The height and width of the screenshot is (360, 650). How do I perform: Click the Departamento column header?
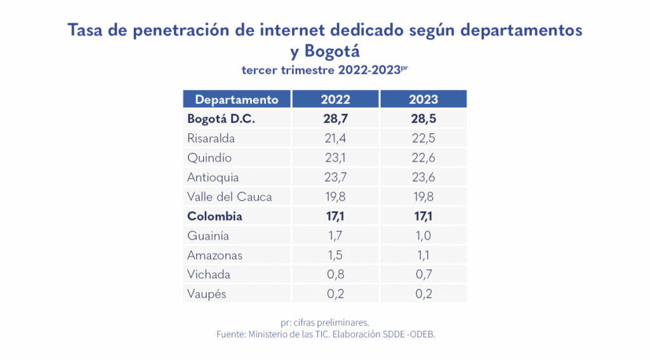(236, 100)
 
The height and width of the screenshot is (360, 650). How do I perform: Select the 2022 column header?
(335, 100)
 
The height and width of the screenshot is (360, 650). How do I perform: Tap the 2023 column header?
(423, 100)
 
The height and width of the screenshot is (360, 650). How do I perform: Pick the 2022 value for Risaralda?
(335, 138)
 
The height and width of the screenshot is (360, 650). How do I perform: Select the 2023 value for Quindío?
(423, 158)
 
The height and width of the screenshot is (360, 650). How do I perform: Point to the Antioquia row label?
(213, 177)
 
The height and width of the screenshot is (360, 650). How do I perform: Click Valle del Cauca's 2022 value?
(335, 197)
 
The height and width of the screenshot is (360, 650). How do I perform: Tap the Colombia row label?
(215, 217)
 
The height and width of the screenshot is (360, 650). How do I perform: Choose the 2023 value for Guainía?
(423, 236)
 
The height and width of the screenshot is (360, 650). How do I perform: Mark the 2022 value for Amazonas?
(335, 255)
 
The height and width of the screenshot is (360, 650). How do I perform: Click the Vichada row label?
(209, 275)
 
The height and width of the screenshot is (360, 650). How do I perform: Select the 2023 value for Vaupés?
(423, 294)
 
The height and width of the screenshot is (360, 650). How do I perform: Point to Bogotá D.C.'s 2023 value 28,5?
(423, 119)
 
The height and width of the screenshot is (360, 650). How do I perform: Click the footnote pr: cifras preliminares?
(324, 322)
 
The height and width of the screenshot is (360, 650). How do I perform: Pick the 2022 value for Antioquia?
(335, 177)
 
